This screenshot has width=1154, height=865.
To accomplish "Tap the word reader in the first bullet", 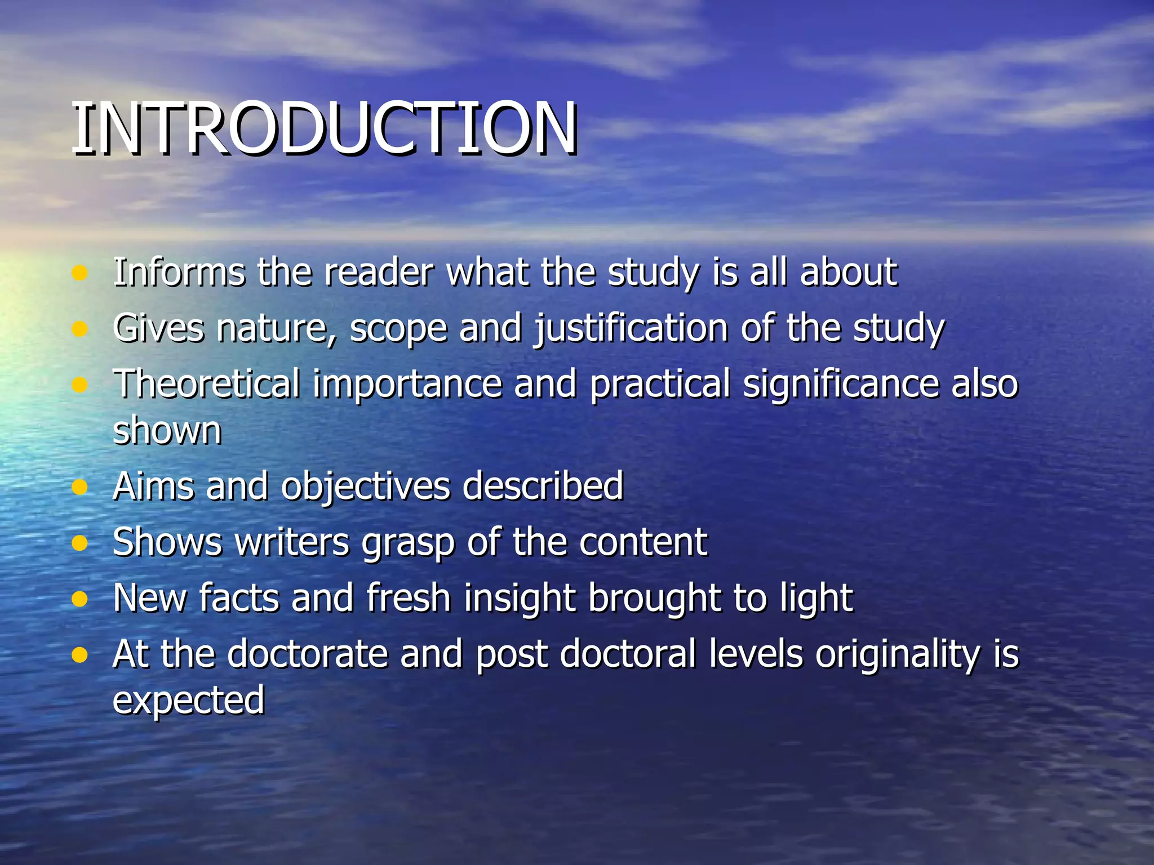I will coord(379,273).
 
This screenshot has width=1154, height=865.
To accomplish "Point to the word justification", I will coord(631,328).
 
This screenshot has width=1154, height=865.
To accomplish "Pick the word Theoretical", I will coord(206,384).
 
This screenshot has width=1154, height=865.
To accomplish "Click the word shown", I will coord(167,431).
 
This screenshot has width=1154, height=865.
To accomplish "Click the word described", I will coord(543,485).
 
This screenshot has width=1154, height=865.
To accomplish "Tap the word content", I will coord(643,542).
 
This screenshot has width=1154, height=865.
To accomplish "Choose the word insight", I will coord(519,598).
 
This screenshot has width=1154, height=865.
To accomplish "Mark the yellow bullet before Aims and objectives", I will coord(80,487).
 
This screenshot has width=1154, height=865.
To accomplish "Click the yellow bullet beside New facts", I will coord(80,599).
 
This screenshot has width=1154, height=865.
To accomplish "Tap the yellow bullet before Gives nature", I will coord(80,329).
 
